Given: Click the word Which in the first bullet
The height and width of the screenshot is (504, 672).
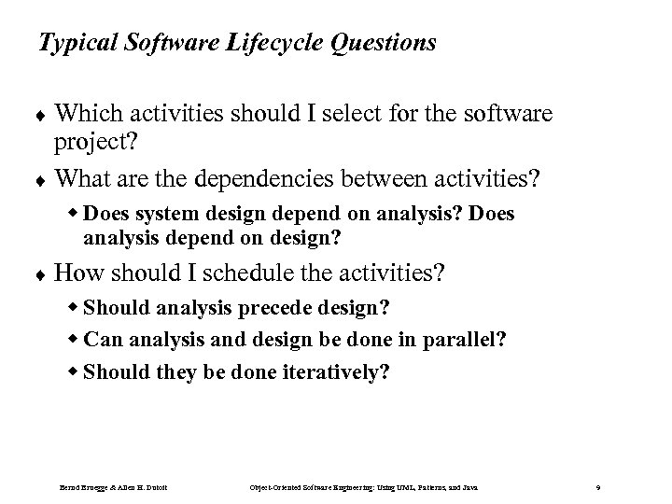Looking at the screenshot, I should [x=83, y=114].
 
